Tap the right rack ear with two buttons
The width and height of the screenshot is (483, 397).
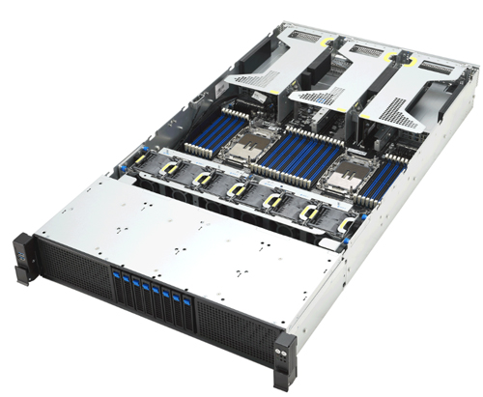click(282, 351)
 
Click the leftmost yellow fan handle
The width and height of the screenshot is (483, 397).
click(143, 158)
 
